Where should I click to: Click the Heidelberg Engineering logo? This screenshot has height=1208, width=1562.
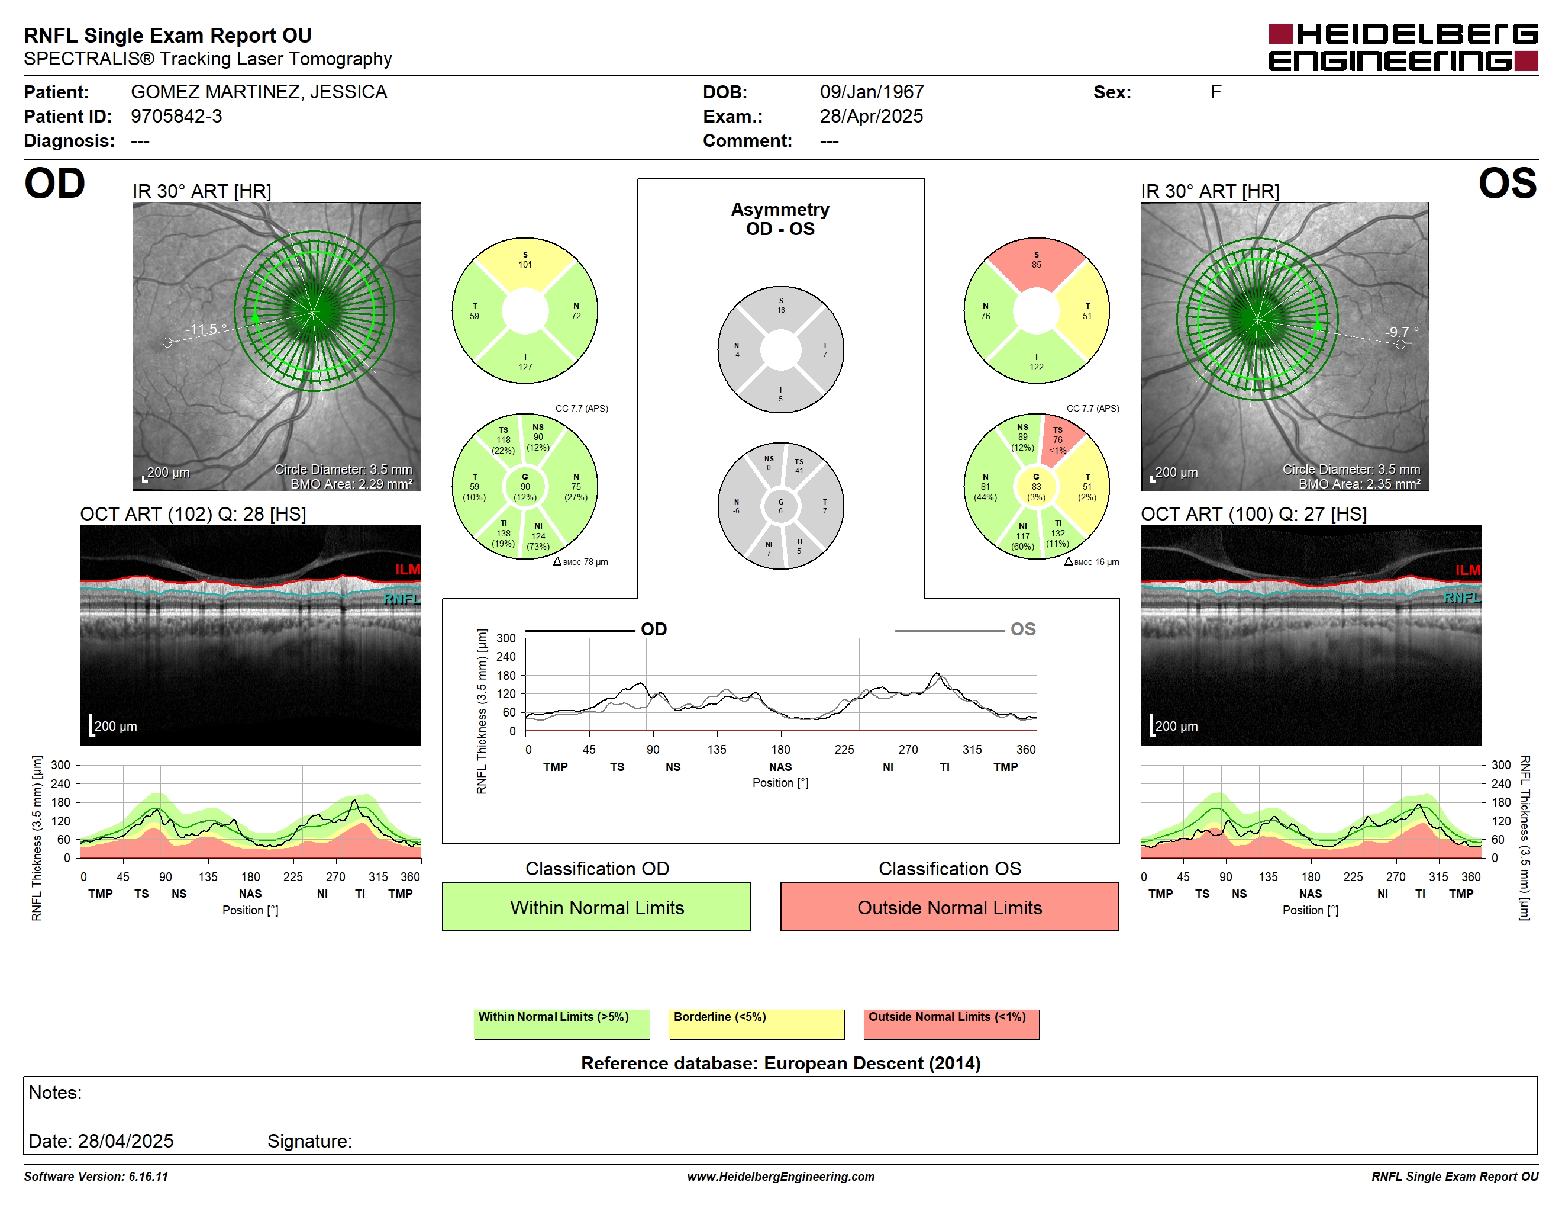tap(1403, 47)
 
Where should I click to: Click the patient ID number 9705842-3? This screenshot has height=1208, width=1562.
tap(176, 116)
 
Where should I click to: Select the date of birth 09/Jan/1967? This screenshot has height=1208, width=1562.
tap(872, 92)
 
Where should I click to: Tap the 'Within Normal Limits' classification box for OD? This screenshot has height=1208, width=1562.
tap(596, 907)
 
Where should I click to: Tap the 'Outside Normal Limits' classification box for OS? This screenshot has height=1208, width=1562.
tap(949, 907)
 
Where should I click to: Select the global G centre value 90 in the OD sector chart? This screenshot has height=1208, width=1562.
tap(525, 487)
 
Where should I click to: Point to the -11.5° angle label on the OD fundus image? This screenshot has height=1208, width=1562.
tap(206, 329)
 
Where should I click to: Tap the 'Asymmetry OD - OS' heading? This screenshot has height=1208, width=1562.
tap(780, 219)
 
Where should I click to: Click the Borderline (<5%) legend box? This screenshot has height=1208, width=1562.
tap(757, 1023)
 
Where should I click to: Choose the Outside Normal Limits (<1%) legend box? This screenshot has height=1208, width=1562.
tap(951, 1023)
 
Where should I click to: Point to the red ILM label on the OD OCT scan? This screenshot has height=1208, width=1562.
tap(408, 570)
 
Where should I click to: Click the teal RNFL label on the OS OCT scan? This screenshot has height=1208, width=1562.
tap(1462, 597)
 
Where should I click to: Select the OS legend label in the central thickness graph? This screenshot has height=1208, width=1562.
tap(1023, 629)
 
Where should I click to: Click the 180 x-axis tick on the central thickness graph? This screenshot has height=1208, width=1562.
tap(780, 749)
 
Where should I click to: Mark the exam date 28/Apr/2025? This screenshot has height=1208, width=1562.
tap(871, 116)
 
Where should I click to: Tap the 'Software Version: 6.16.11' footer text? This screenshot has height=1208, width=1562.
tap(96, 1177)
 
